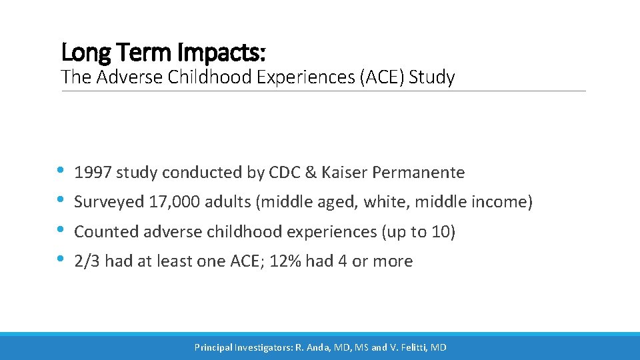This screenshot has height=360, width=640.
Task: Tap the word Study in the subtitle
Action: [432, 78]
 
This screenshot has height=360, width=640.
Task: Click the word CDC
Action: [285, 173]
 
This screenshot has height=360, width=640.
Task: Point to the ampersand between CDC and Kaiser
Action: [310, 173]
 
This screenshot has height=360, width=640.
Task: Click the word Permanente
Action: [418, 173]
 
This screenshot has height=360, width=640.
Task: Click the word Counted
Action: [101, 232]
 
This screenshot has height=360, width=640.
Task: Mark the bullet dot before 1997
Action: [62, 171]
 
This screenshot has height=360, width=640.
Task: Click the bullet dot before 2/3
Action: [62, 260]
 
